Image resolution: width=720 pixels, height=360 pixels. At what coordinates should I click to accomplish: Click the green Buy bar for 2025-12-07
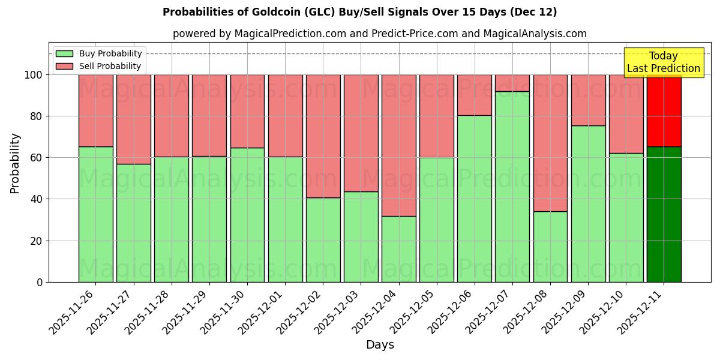coord(512,187)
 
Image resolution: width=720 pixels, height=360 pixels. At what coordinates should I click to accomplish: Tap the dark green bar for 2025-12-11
coord(664,214)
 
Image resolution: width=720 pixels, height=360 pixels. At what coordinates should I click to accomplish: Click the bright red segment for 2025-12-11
coord(664,111)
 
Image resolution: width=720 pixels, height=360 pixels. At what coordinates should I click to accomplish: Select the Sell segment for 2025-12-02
coord(323,136)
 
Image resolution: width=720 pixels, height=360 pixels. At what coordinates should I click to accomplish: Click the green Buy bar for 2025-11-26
coord(95,214)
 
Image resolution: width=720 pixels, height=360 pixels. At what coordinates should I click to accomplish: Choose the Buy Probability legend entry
coord(100,53)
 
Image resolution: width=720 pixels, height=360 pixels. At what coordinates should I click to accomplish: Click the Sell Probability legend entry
coord(100,66)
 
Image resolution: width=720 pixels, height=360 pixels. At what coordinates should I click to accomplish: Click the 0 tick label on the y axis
coord(40,282)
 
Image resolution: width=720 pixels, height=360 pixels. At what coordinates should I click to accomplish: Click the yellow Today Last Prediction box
coord(664,62)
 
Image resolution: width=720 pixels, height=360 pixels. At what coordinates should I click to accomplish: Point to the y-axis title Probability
coord(15,163)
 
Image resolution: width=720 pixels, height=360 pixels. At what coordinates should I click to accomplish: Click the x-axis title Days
coord(380,345)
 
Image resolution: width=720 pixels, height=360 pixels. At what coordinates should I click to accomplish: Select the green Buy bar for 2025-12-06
coord(475,199)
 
